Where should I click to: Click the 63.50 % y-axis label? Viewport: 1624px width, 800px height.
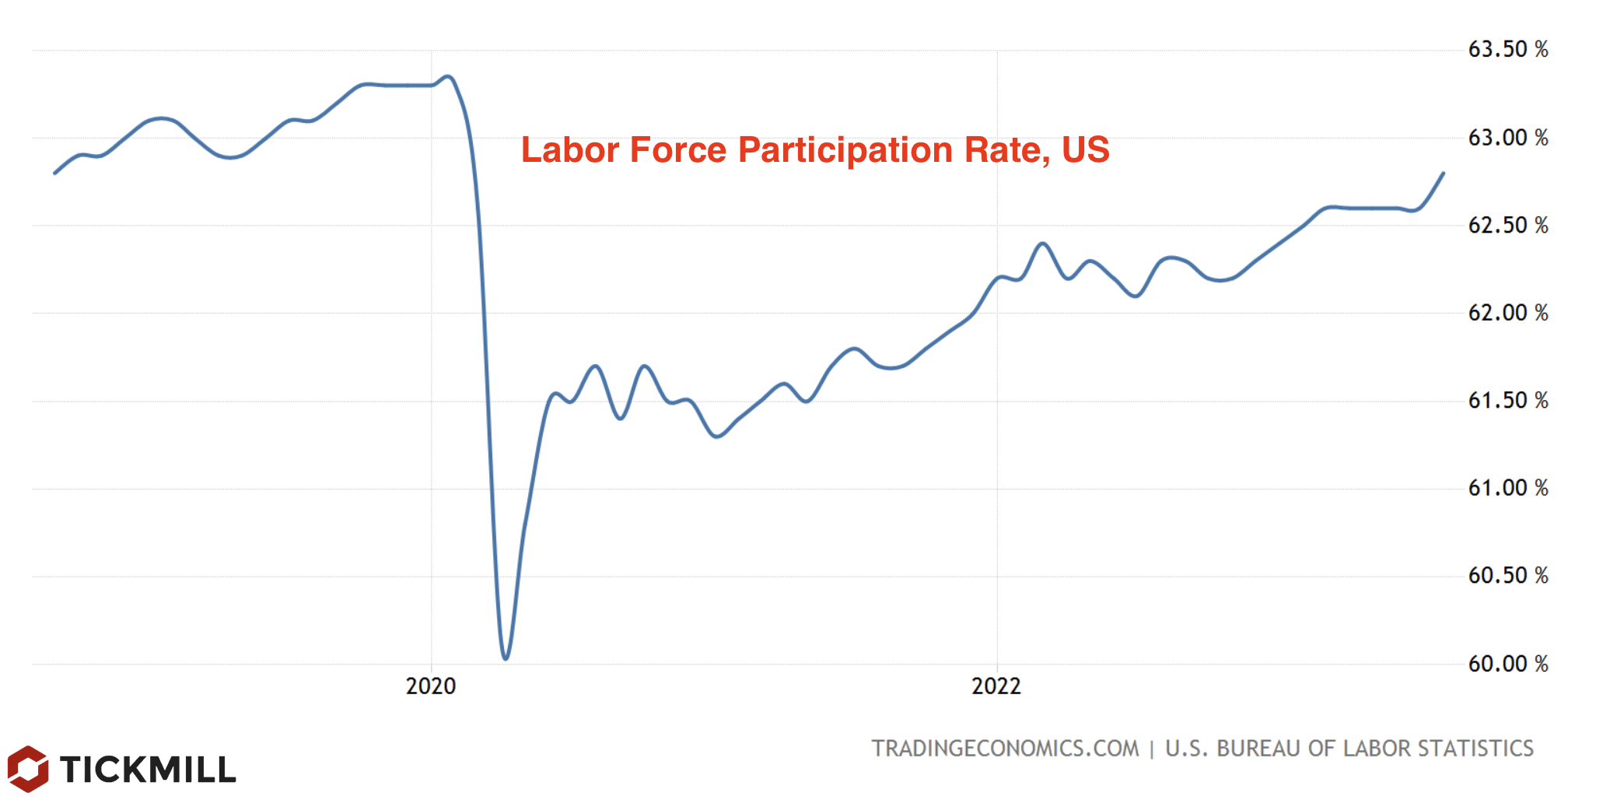(1507, 50)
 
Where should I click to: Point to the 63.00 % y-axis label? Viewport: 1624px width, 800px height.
(1507, 138)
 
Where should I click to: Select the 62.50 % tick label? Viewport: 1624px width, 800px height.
(1507, 226)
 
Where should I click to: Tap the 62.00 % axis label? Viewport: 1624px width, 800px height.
(1507, 313)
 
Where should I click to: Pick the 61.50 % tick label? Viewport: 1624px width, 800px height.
(1507, 401)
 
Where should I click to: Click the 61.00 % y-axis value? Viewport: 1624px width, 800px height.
(1507, 488)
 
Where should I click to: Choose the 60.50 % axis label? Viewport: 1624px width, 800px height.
(1507, 576)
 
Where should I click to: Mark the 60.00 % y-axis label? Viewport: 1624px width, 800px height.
(1507, 664)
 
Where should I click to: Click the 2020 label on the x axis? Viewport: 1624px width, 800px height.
(431, 686)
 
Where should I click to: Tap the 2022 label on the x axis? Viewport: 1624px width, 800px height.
(996, 686)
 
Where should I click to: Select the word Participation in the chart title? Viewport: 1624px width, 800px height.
(845, 151)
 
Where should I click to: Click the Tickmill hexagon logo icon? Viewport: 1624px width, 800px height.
(28, 769)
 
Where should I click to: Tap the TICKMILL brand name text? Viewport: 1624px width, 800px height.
(148, 770)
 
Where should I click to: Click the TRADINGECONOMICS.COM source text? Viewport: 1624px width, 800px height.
(1005, 749)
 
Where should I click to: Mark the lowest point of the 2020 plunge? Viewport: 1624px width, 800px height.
(506, 658)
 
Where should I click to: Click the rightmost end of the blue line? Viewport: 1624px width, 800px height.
(1444, 173)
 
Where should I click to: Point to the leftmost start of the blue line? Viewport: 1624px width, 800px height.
(54, 173)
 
